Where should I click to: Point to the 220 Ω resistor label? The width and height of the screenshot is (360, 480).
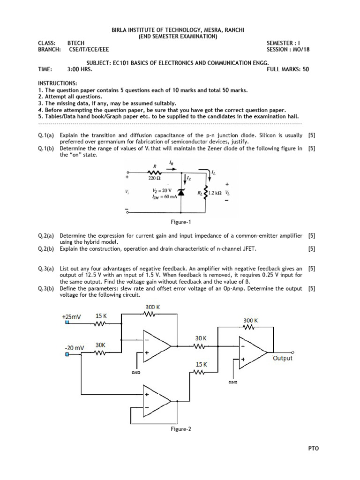click(x=154, y=178)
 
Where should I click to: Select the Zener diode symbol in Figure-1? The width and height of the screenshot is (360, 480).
click(x=180, y=193)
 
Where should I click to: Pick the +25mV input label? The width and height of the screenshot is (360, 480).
click(x=71, y=316)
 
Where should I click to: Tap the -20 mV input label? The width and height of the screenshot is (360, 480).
click(x=74, y=348)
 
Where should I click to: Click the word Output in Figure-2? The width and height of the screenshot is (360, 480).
click(x=282, y=358)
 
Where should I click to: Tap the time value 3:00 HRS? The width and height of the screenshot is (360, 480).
click(x=80, y=69)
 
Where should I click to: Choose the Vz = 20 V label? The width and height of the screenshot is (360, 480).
click(x=162, y=190)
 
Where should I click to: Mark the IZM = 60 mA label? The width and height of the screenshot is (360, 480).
click(x=162, y=197)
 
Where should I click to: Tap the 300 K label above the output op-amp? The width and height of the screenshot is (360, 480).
click(x=251, y=321)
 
